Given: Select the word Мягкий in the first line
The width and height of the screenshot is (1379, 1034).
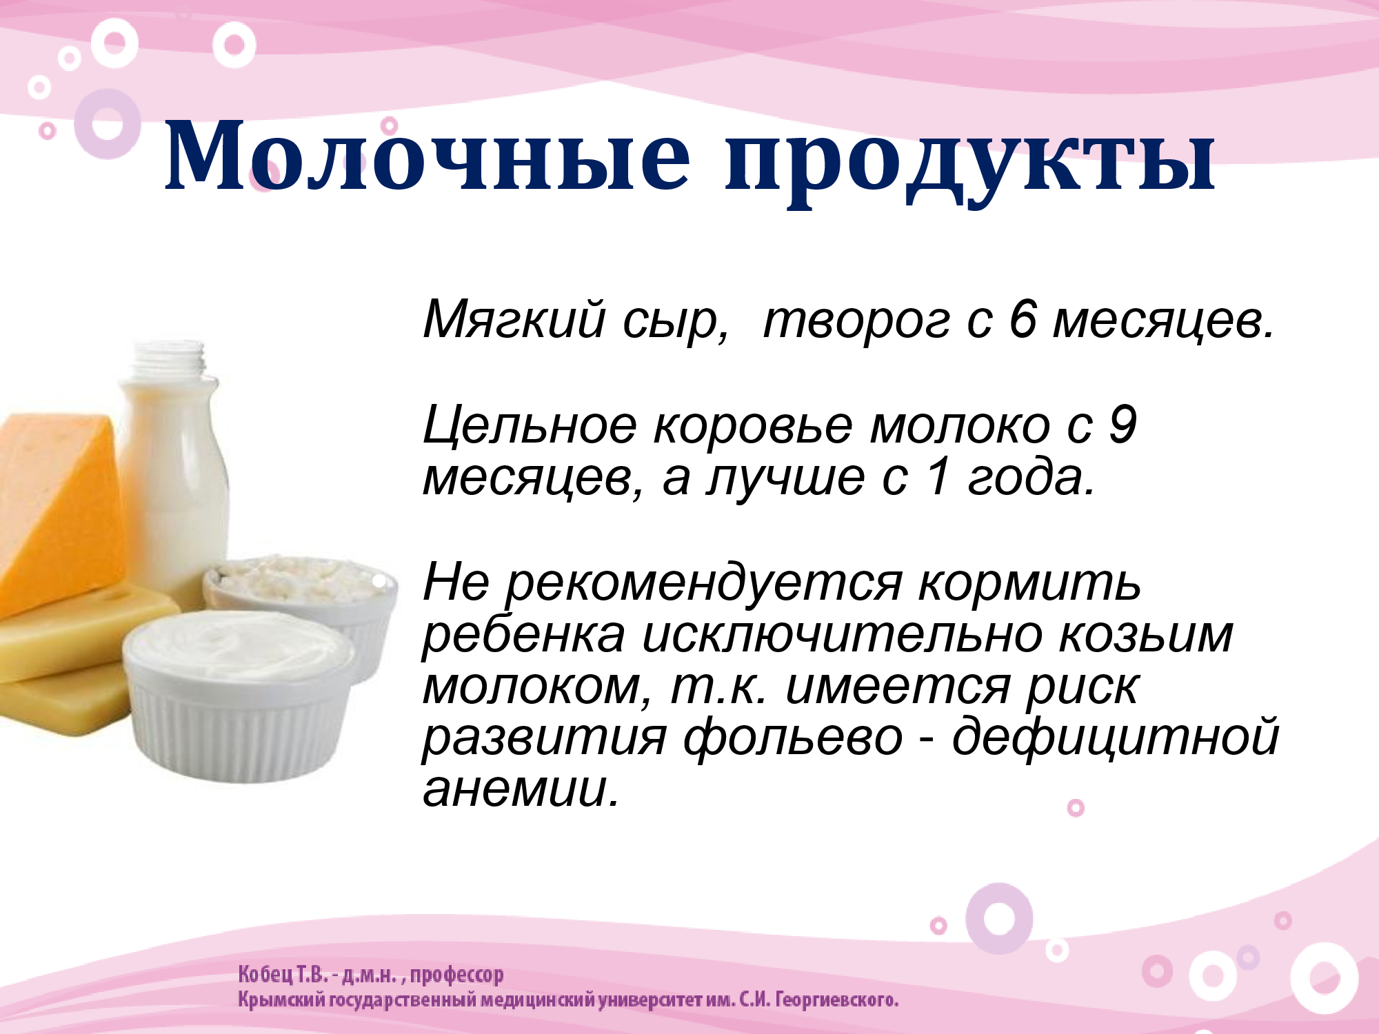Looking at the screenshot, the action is coord(514,321).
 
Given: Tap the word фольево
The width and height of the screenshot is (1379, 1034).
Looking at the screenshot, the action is coord(792,738).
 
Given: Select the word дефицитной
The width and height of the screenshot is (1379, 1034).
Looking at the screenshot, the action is coord(1115,738).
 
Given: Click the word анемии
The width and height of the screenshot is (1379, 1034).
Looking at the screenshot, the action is coord(521,789).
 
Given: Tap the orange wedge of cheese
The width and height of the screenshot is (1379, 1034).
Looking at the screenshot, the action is coord(59,510).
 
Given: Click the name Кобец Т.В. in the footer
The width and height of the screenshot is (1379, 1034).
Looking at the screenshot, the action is coord(282,975).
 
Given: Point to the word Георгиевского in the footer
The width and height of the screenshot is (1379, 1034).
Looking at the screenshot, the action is coord(836,1000).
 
